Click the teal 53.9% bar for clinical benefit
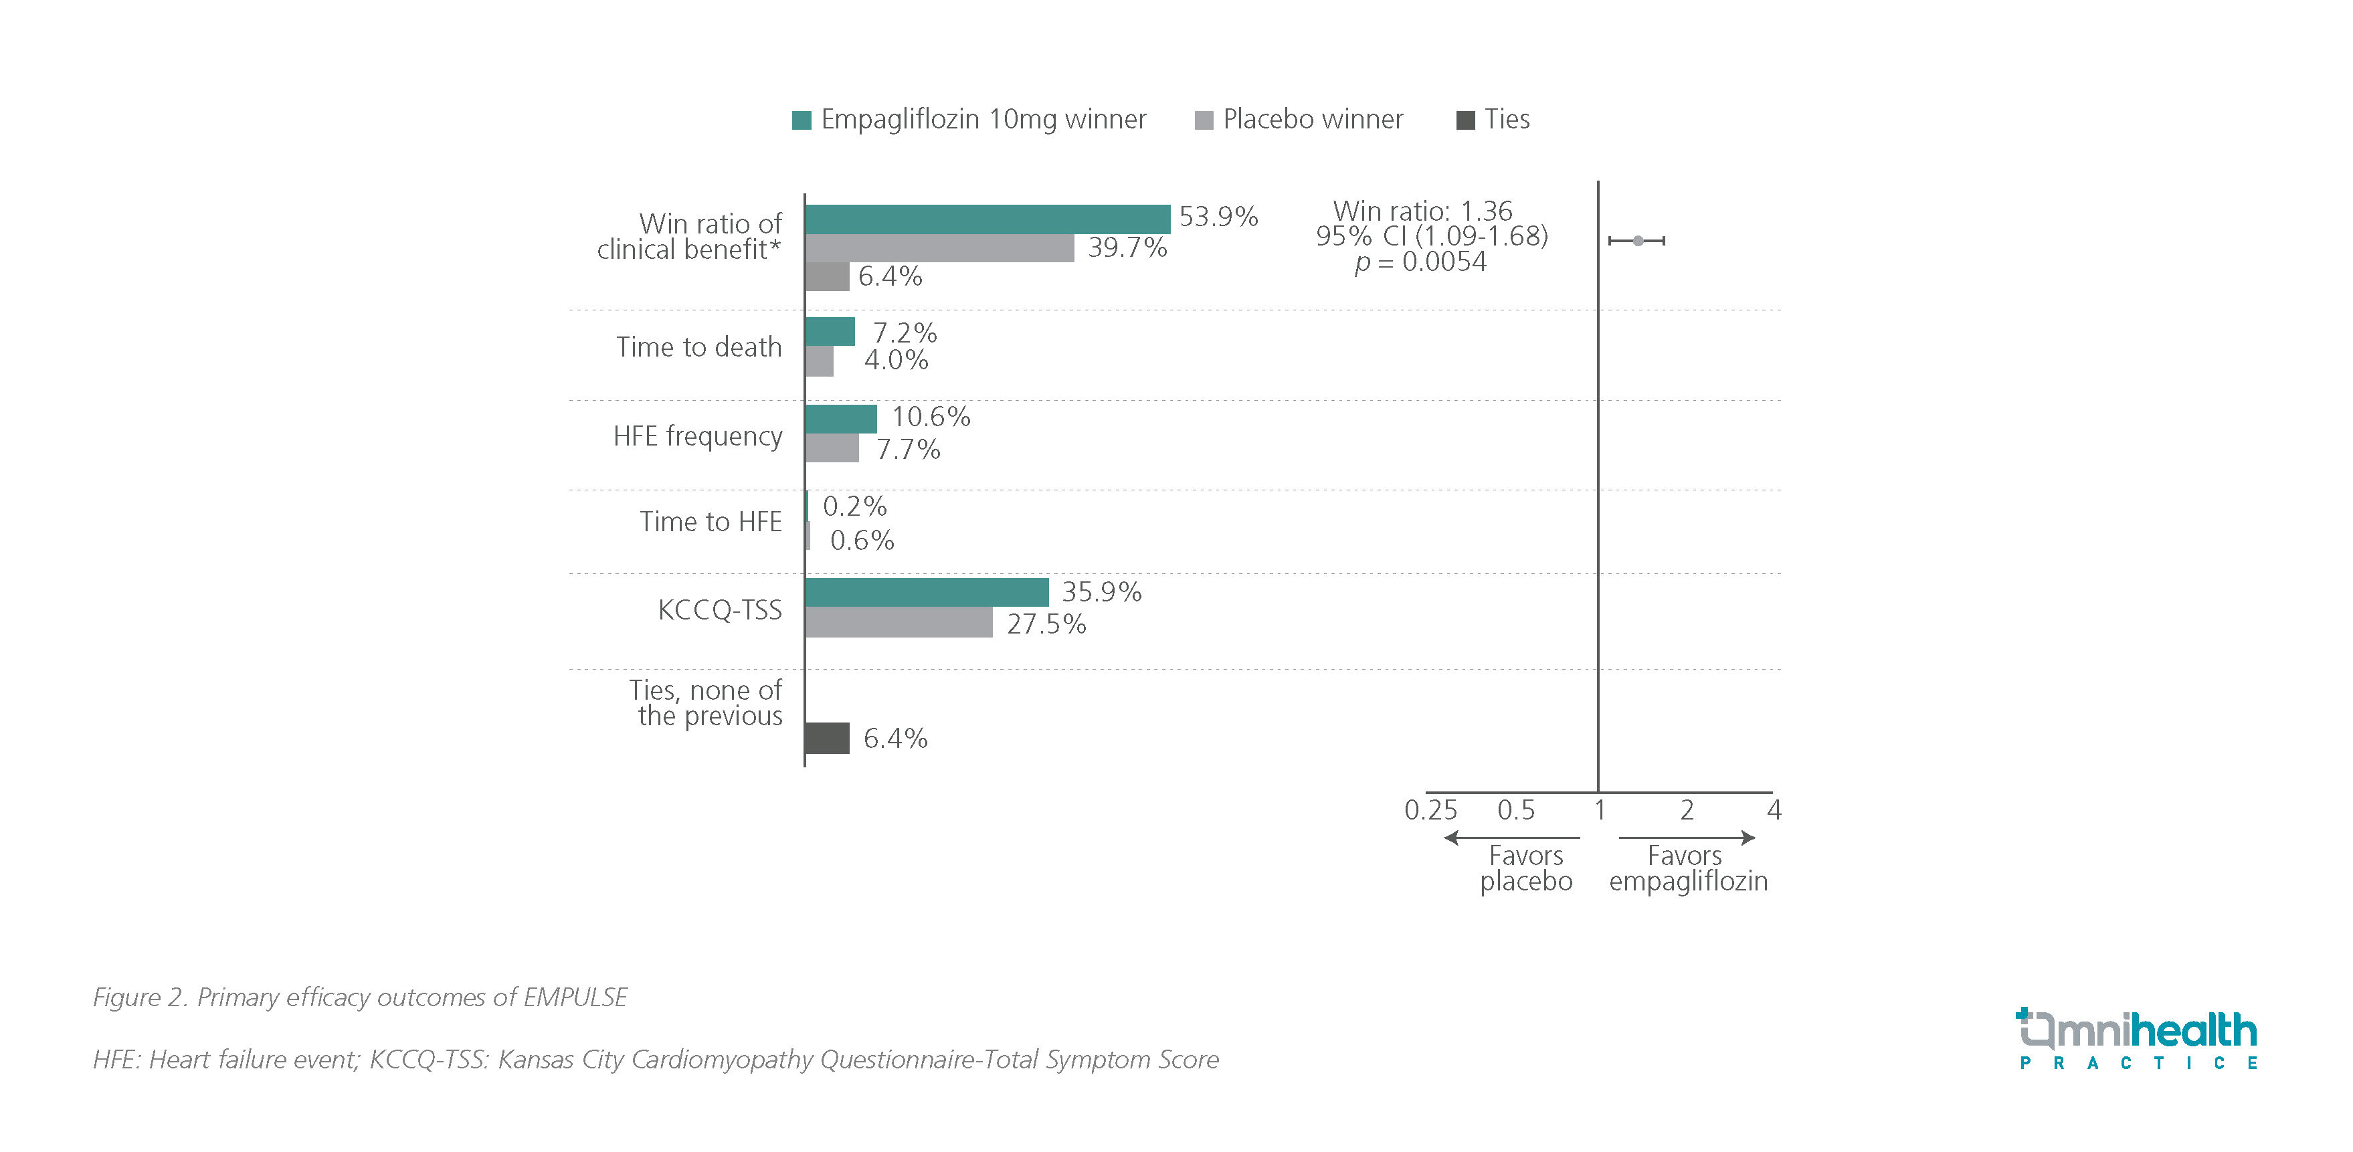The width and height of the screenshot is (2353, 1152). click(x=987, y=219)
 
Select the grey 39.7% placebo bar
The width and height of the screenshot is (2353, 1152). click(x=939, y=248)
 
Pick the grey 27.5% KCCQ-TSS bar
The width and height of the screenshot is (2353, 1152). click(x=899, y=623)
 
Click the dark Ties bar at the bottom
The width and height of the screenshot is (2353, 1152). click(x=827, y=738)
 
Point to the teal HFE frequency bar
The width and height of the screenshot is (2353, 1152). click(x=840, y=418)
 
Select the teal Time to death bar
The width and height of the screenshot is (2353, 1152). click(x=830, y=332)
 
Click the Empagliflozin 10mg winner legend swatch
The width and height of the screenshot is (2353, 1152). click(x=801, y=120)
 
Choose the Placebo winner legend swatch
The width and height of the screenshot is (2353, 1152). click(x=1204, y=120)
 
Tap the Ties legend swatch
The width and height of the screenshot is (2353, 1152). click(x=1465, y=120)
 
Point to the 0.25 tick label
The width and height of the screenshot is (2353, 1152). click(x=1430, y=810)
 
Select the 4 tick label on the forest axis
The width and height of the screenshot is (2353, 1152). click(x=1774, y=810)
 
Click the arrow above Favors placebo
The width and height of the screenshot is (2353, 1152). click(x=1512, y=838)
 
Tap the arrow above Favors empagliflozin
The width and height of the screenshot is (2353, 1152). click(x=1686, y=838)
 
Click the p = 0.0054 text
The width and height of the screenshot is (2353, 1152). click(x=1420, y=263)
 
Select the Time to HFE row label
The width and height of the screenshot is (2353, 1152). click(x=711, y=522)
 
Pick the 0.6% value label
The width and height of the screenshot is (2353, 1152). click(x=861, y=541)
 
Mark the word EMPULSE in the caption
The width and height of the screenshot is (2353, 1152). click(x=575, y=997)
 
